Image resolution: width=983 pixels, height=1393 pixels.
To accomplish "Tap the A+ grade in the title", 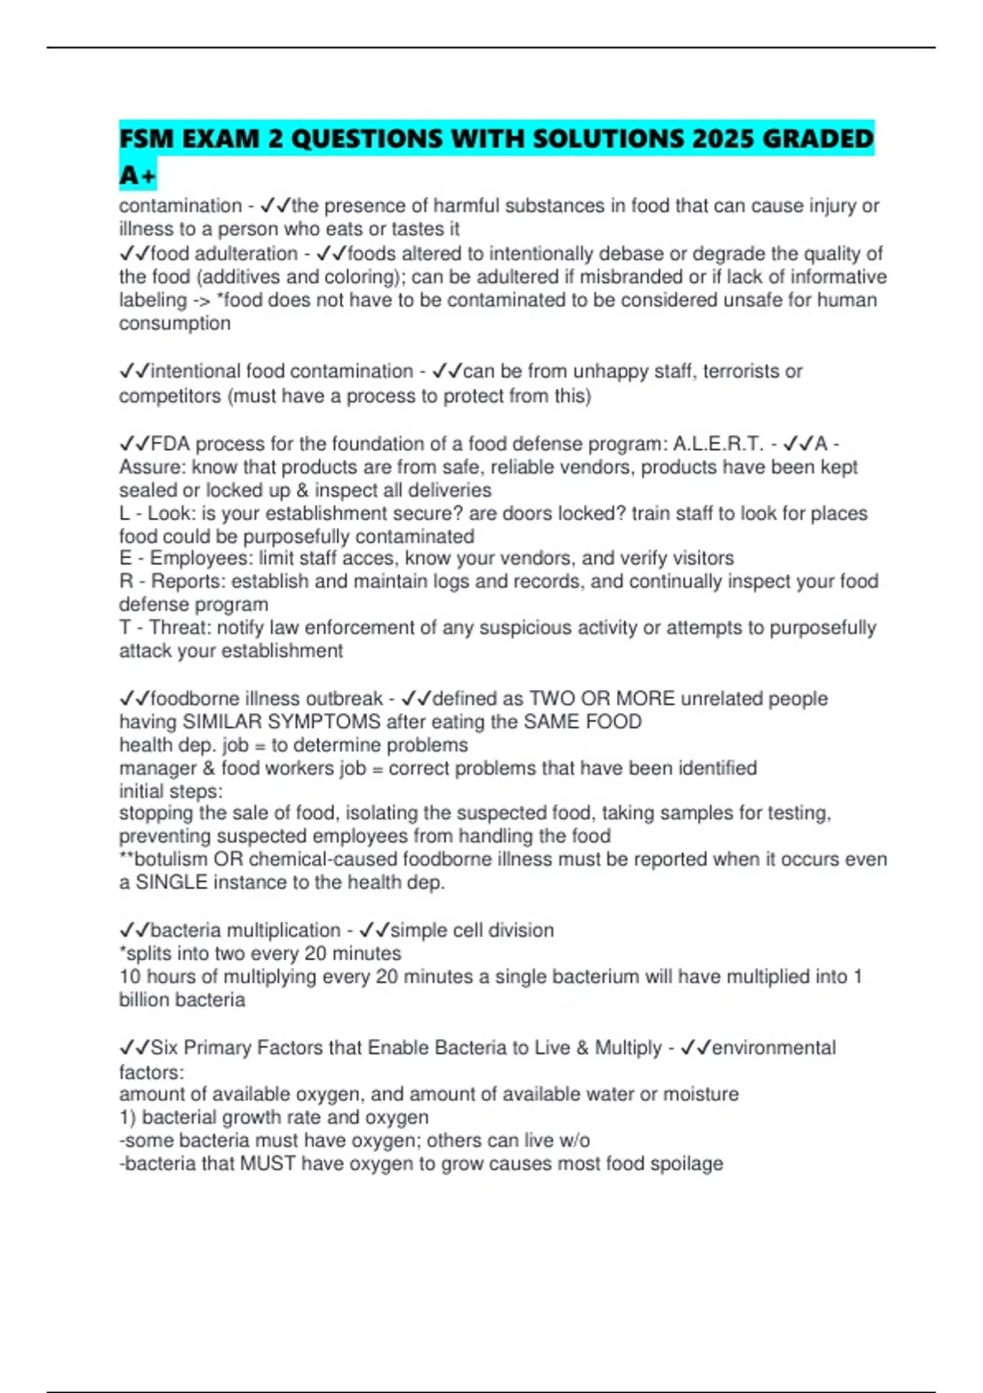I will click(137, 175).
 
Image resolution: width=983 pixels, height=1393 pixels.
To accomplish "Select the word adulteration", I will click(245, 254).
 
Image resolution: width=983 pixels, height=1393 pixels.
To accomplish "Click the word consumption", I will click(174, 324).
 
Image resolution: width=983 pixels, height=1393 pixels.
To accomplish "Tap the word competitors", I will click(170, 396).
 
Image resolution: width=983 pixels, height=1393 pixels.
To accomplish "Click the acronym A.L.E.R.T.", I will click(718, 444).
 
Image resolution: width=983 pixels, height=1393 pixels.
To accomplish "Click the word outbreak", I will click(344, 699).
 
